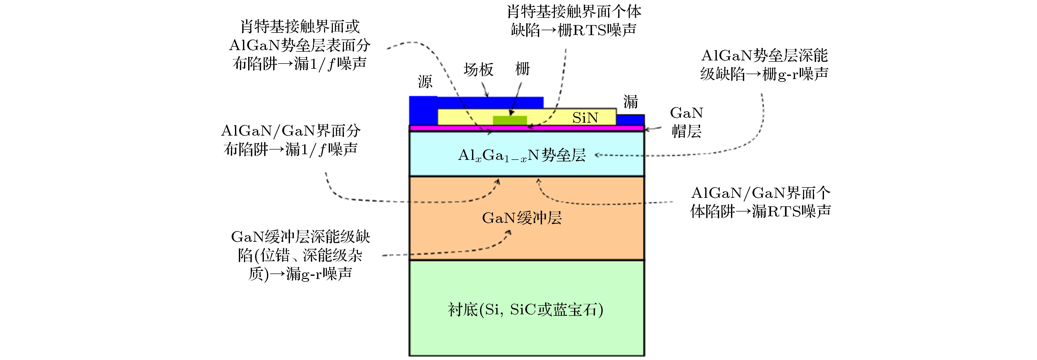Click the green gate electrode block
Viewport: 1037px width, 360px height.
(510, 120)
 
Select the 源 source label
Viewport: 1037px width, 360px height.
(425, 82)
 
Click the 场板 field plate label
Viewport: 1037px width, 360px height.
(478, 70)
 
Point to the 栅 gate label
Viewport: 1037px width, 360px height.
(523, 69)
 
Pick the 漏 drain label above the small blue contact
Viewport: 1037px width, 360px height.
(630, 101)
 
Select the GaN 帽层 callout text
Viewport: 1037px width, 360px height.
(686, 122)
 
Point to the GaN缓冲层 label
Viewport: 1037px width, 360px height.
(522, 218)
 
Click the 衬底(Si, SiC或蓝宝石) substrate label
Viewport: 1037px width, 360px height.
(525, 310)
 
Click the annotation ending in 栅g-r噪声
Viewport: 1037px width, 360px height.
(764, 64)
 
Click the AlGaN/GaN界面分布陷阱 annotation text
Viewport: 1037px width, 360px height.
(291, 140)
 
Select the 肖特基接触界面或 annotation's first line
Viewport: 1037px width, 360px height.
(300, 27)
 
